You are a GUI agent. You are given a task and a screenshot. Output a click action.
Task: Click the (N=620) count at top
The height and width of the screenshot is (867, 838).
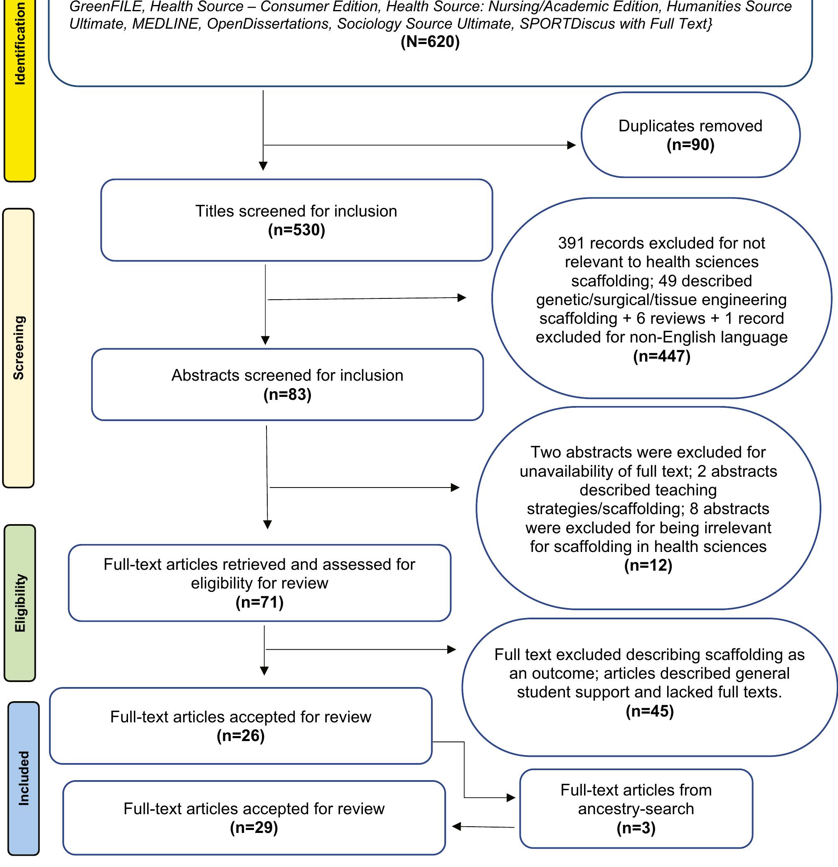(430, 42)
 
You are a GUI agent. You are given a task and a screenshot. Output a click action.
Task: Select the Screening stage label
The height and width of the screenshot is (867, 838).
(19, 348)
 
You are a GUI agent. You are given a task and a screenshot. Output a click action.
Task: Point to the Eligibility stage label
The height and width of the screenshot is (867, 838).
(20, 603)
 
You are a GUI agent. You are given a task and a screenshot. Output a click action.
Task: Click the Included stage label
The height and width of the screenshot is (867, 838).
(23, 778)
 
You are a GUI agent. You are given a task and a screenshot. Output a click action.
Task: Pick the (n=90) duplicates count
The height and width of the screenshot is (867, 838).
(690, 145)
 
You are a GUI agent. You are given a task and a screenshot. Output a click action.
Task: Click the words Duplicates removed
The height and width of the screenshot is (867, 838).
(690, 126)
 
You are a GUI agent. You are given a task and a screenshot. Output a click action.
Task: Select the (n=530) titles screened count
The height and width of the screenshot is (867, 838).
(296, 230)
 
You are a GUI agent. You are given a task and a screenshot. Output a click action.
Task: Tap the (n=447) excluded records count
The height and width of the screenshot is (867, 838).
(661, 356)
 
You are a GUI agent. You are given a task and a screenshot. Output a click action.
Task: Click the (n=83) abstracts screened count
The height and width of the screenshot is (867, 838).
(287, 394)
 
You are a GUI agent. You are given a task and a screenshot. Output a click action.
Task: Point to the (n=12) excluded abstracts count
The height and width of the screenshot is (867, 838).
(648, 565)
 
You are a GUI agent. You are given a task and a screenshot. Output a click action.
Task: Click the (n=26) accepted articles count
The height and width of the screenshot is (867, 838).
(240, 736)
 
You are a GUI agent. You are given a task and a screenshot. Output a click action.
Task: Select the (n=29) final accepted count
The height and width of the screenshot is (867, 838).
(254, 828)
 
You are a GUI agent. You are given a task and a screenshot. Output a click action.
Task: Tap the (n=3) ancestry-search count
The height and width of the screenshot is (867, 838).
(636, 828)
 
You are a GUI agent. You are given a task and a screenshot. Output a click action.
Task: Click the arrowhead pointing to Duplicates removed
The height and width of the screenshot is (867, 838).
(572, 145)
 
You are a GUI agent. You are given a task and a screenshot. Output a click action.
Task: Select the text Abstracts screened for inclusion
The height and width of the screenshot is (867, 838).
(287, 376)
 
